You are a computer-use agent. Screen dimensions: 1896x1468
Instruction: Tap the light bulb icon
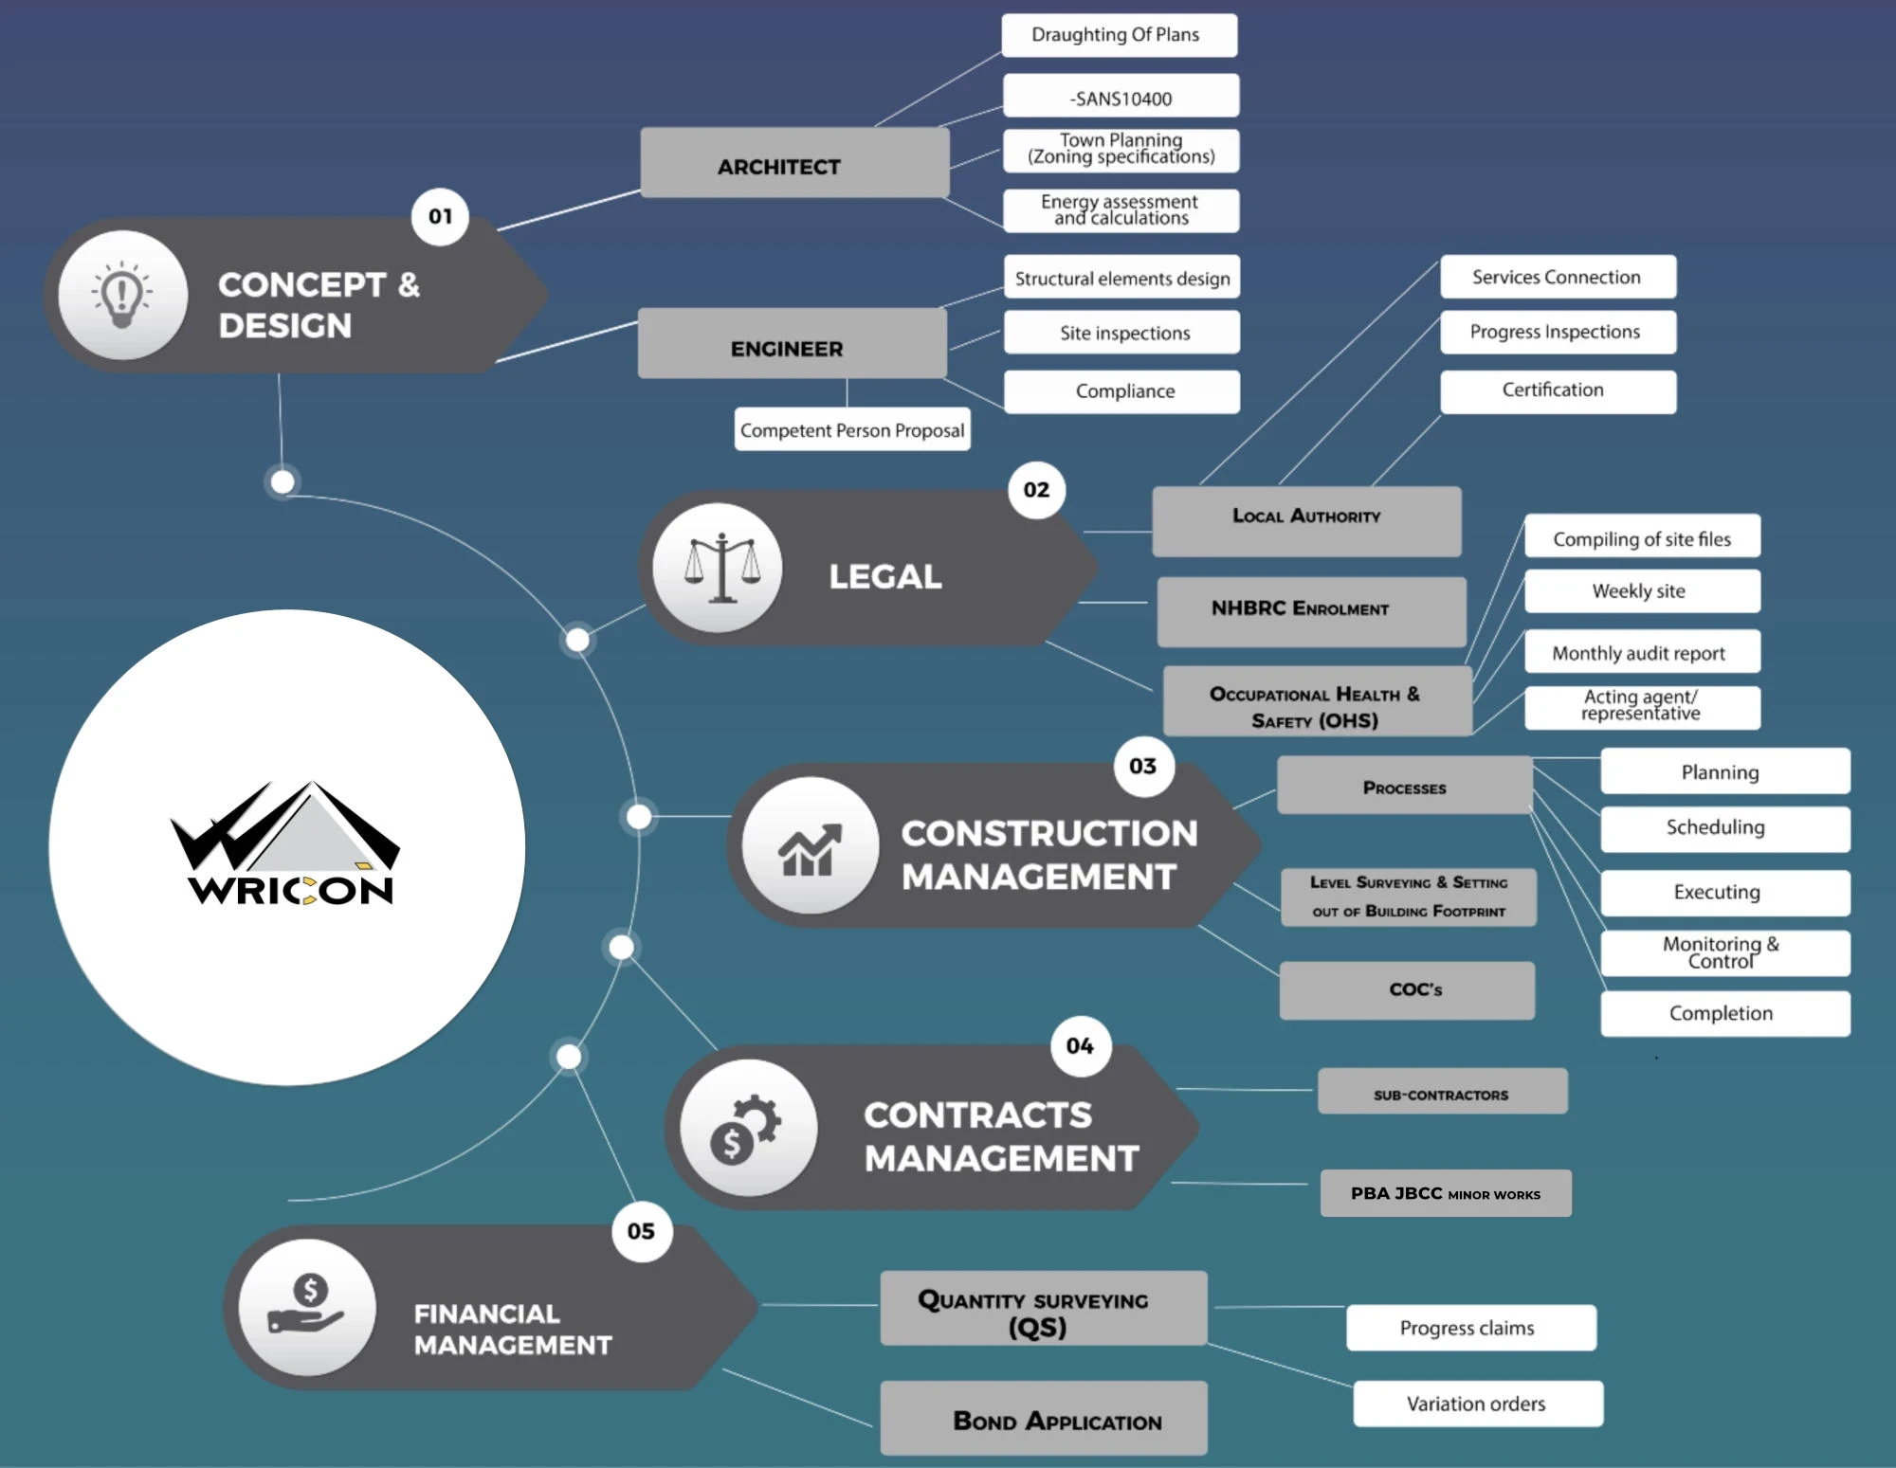point(122,295)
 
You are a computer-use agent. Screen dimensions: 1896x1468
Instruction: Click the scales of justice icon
point(721,568)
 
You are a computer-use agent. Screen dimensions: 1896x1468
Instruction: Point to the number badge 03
point(1143,766)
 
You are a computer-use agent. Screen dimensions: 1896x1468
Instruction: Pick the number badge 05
point(642,1231)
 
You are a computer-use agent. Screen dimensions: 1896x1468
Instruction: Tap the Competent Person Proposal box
point(851,430)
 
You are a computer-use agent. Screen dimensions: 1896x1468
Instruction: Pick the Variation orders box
point(1477,1404)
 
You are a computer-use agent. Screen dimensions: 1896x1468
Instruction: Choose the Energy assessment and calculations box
point(1121,210)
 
